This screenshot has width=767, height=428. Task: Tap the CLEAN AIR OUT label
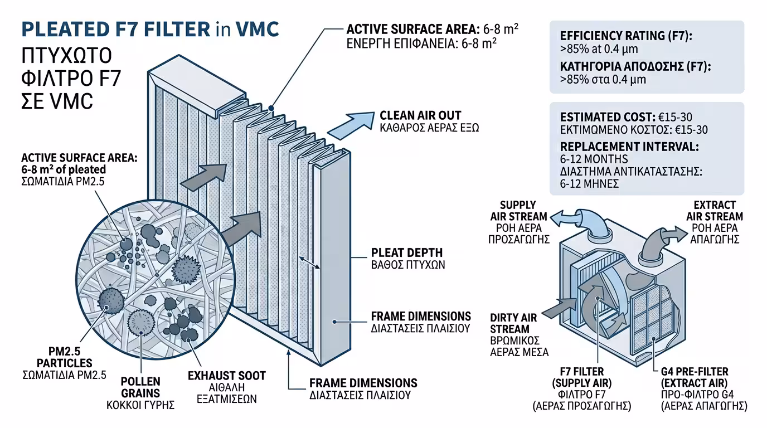click(x=420, y=115)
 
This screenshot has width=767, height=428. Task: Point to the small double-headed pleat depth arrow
click(x=310, y=262)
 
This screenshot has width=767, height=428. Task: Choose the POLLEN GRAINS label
click(x=140, y=387)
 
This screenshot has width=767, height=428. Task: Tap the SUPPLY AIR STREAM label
click(x=518, y=211)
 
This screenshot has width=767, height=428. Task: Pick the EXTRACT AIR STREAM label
click(x=717, y=211)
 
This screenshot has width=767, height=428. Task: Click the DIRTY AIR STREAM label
click(x=513, y=323)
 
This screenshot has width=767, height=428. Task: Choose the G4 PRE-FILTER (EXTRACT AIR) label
click(x=702, y=377)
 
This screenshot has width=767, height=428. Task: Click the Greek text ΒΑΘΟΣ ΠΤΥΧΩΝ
click(x=408, y=265)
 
